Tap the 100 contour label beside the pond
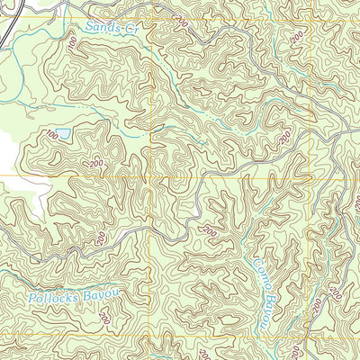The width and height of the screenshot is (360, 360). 51,135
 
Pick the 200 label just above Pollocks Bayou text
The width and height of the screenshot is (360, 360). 101,238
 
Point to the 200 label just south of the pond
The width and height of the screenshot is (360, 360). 96,164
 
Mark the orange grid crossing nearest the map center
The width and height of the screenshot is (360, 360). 150,176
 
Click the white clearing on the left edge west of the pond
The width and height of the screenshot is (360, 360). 7,148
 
